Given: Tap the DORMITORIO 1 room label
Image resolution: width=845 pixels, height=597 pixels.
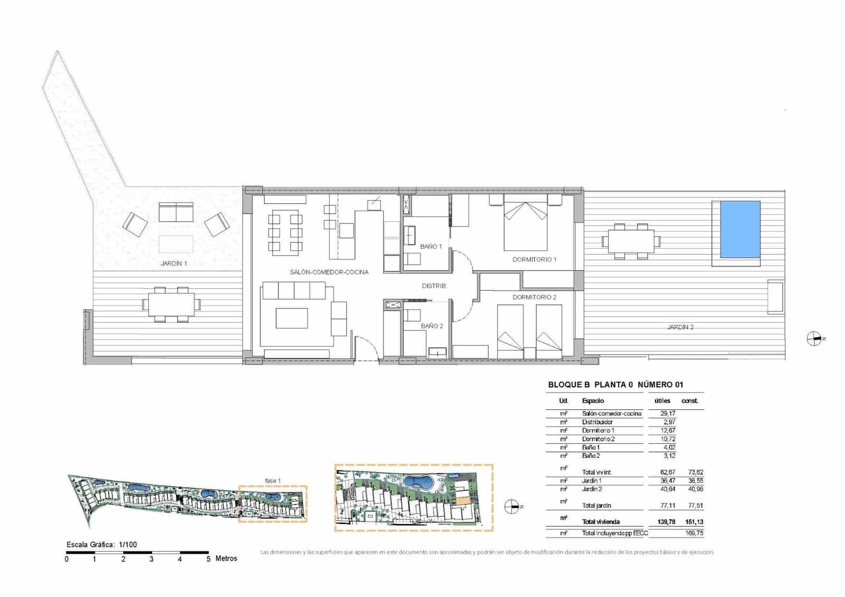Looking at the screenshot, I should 534,259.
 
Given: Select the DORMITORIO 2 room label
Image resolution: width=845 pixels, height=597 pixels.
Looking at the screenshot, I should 534,297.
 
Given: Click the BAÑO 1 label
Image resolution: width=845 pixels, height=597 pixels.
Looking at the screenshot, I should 431,247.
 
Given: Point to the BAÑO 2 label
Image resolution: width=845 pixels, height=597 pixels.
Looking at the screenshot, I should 432,326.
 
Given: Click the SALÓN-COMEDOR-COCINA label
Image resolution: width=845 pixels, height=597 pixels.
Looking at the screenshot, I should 329,272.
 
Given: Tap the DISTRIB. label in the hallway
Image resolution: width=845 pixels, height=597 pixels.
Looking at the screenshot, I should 434,286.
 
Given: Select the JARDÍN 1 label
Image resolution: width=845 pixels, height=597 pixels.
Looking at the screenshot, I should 174,263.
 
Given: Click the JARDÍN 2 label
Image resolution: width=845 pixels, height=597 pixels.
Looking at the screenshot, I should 680,327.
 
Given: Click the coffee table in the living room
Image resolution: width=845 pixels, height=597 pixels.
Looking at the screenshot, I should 292,319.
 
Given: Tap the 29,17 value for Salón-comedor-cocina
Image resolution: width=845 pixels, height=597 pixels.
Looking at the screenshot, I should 668,414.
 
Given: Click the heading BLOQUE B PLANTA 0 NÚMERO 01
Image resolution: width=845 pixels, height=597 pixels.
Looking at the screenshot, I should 615,385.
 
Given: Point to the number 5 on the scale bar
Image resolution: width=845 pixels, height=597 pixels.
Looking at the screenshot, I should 208,559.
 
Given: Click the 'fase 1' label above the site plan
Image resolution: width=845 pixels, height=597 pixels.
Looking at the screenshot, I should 273,481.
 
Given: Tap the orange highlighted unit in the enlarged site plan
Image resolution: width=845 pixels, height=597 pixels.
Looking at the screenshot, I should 462,501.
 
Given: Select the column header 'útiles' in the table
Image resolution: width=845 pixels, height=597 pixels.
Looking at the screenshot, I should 662,401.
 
